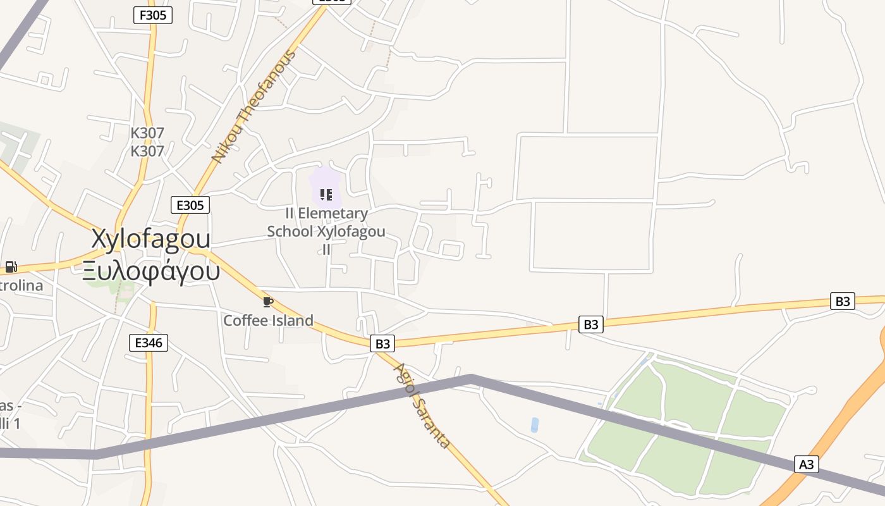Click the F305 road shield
point(153,15)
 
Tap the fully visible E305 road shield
point(190,205)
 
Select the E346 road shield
point(149,343)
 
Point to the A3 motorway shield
point(807,464)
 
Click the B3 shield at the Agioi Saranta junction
point(382,343)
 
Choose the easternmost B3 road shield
point(843,301)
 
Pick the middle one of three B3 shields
point(590,324)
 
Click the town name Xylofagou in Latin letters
point(151,239)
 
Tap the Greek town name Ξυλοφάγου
point(152,271)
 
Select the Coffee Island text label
point(268,320)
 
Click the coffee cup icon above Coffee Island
point(267,302)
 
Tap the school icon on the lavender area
point(326,194)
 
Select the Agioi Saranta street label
point(422,405)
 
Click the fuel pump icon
point(11,267)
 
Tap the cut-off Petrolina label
point(21,285)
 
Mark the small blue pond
point(535,425)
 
